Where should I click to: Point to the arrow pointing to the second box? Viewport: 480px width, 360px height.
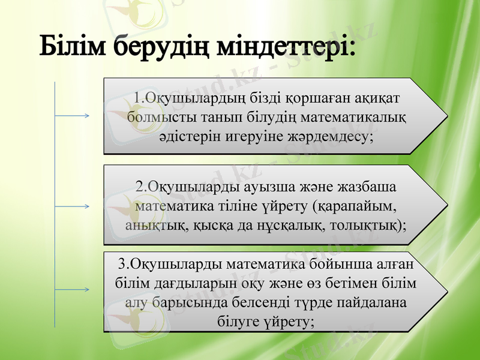[72, 206]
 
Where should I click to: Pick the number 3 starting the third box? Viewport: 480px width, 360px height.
[122, 264]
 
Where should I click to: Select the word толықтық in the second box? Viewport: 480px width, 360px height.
[370, 226]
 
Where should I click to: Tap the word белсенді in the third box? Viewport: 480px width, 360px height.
[263, 302]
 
